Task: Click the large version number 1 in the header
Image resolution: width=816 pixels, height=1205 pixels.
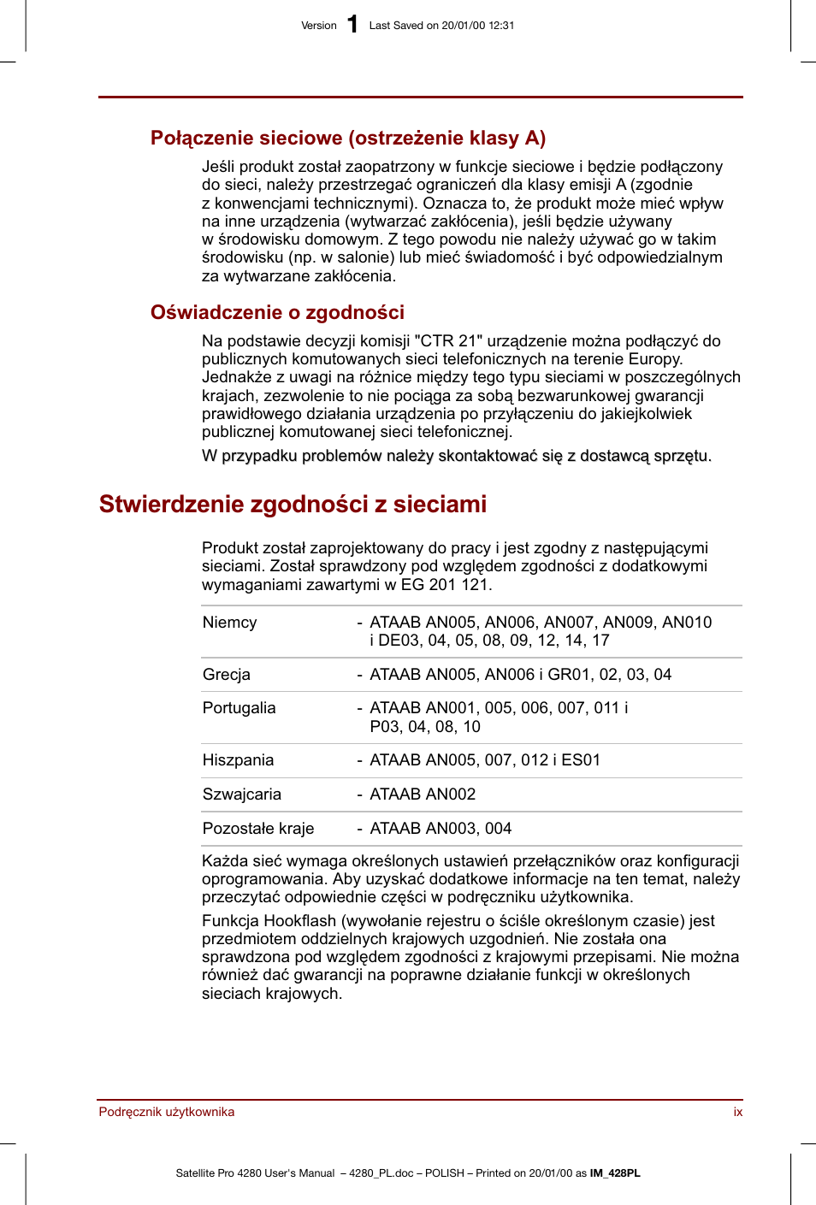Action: pos(352,24)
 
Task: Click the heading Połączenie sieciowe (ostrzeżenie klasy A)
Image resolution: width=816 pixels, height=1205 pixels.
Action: pos(347,138)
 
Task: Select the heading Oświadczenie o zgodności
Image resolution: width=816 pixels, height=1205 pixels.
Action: pos(277,312)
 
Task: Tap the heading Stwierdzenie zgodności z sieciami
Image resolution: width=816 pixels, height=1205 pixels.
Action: pos(293,504)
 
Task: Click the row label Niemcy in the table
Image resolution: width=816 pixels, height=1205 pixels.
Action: pos(229,623)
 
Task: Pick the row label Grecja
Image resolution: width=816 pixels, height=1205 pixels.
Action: pos(227,675)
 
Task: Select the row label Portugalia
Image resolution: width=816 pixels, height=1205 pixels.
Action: pos(239,708)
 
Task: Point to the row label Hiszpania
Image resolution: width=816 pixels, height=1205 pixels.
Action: pos(238,760)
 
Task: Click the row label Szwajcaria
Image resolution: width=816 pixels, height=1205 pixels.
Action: pos(241,794)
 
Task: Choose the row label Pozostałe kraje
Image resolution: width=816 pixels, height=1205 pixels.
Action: pos(257,829)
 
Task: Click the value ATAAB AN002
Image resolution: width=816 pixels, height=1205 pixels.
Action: pos(423,794)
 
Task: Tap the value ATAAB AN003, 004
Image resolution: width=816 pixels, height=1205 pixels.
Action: pos(441,829)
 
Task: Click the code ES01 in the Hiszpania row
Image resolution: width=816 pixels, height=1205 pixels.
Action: pos(581,760)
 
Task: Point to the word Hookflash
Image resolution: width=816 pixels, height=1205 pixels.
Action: pos(299,921)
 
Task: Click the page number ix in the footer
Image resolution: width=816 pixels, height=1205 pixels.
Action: pos(737,1112)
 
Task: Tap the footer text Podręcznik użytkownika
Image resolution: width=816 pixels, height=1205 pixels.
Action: pos(167,1112)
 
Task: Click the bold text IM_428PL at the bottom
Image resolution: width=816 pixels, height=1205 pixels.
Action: pos(615,1173)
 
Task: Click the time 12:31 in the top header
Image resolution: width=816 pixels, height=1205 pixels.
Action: pos(501,26)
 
